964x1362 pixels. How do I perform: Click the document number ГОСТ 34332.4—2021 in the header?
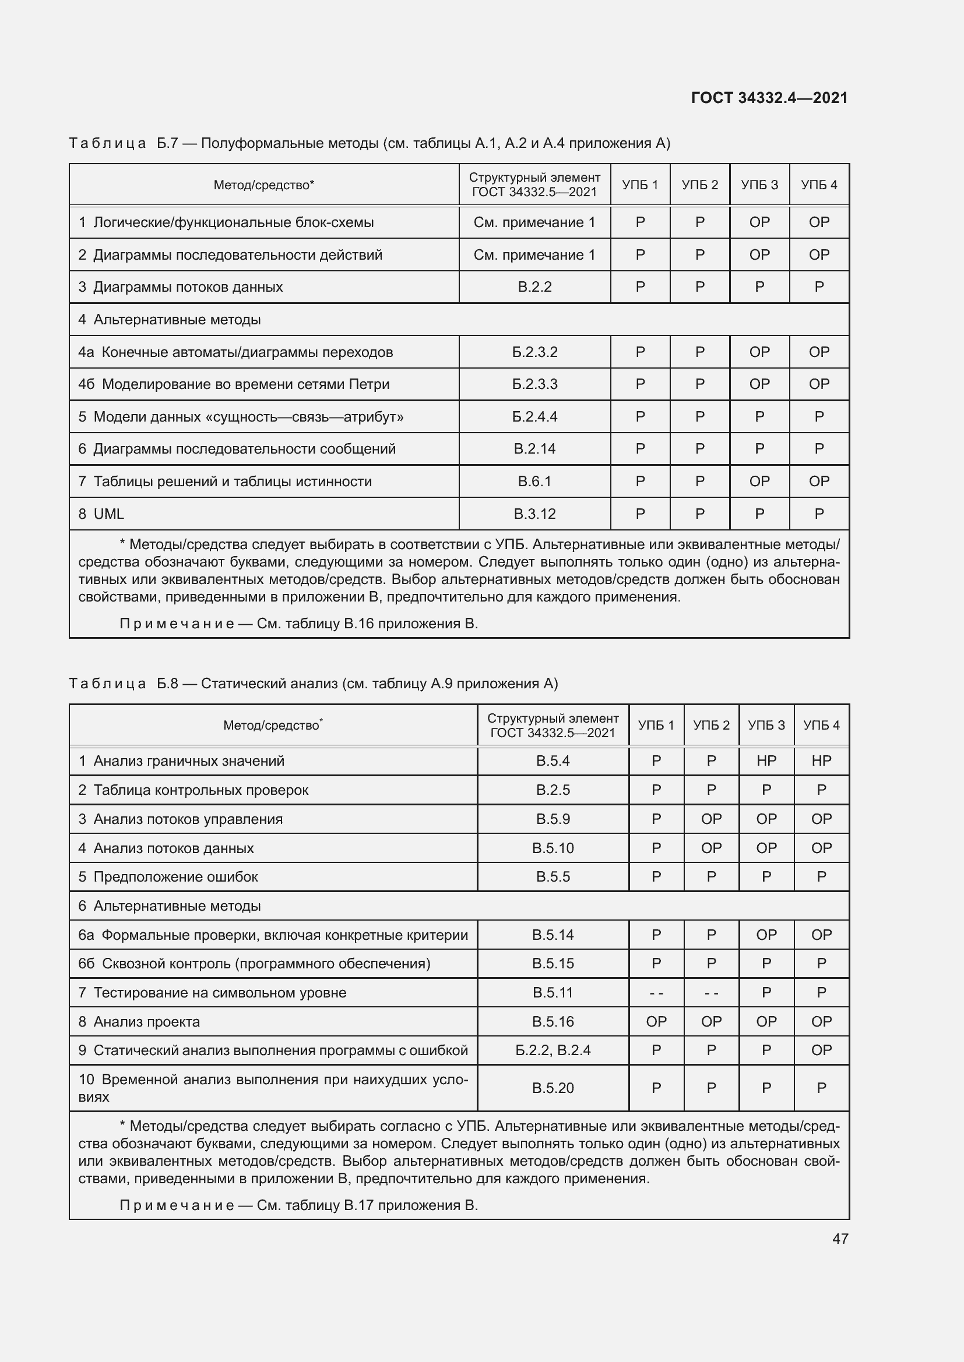[x=769, y=98]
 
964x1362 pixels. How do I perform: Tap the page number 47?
[x=840, y=1238]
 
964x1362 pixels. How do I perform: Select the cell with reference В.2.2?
[x=534, y=287]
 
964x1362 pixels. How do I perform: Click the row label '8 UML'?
[x=101, y=514]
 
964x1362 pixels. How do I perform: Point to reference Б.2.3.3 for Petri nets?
[x=534, y=384]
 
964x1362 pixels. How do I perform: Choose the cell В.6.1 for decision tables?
[x=534, y=481]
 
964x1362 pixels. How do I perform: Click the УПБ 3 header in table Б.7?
[x=759, y=185]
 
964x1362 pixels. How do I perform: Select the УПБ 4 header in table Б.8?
[x=821, y=725]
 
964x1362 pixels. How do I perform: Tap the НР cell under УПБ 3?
[x=766, y=760]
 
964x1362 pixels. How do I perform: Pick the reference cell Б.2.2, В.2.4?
[x=553, y=1050]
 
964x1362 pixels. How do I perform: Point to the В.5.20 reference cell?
[x=553, y=1088]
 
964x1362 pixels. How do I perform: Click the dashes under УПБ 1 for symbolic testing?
[x=656, y=992]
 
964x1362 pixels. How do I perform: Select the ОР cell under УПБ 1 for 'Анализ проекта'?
[x=656, y=1021]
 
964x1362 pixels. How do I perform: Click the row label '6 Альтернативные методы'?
[x=170, y=906]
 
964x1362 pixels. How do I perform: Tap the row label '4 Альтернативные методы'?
[x=170, y=320]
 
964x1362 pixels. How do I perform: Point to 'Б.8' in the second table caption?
[x=167, y=684]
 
